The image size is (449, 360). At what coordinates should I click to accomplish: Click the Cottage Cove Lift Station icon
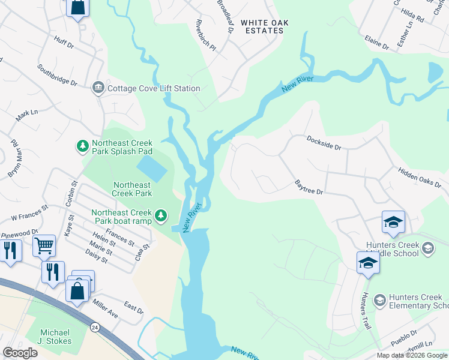point(98,89)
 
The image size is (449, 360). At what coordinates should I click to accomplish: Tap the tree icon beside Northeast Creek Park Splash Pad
point(82,146)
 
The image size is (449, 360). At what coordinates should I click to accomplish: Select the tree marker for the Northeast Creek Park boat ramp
point(160,215)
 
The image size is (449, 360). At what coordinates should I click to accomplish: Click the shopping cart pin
point(44,245)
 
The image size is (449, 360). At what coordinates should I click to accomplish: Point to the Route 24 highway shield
point(95,328)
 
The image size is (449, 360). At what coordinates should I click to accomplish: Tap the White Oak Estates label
point(265,26)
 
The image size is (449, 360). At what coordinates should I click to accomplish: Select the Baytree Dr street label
point(309,187)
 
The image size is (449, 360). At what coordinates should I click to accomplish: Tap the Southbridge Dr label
point(57,75)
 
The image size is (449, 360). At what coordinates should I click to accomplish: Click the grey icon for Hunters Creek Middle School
point(428,248)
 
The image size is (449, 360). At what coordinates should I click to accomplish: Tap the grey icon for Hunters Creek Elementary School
point(379,299)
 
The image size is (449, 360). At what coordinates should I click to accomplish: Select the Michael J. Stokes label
point(55,337)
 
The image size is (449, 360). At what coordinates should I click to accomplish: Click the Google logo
point(20,353)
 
